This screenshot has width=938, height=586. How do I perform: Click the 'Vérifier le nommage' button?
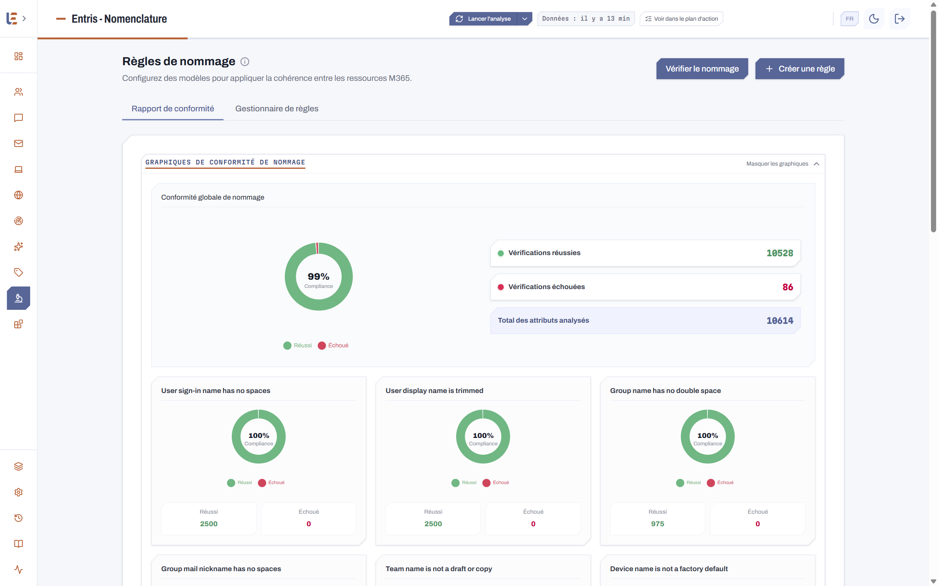point(702,69)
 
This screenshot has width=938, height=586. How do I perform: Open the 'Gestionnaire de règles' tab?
point(277,109)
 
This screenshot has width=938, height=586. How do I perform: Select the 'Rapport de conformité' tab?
point(173,109)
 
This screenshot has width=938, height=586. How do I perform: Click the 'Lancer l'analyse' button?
point(483,19)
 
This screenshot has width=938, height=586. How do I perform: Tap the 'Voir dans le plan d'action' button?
point(681,19)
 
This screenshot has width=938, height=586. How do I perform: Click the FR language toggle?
point(849,19)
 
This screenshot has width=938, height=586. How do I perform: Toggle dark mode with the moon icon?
point(874,19)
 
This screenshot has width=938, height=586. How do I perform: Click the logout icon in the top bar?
point(900,19)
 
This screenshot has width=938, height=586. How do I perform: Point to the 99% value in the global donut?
point(319,277)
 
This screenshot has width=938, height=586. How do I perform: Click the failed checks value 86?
point(788,287)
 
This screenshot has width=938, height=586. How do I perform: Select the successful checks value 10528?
point(780,253)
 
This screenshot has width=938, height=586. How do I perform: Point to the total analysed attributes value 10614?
point(780,321)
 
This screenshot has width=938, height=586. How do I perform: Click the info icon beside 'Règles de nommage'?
point(245,62)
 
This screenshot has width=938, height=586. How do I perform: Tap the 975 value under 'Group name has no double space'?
point(657,524)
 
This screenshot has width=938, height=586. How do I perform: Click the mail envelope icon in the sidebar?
point(18,143)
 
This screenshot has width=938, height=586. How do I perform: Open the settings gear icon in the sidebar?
point(18,492)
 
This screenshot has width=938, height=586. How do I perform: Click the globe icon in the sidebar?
point(18,195)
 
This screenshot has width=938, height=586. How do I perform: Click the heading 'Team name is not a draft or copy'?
point(439,569)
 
